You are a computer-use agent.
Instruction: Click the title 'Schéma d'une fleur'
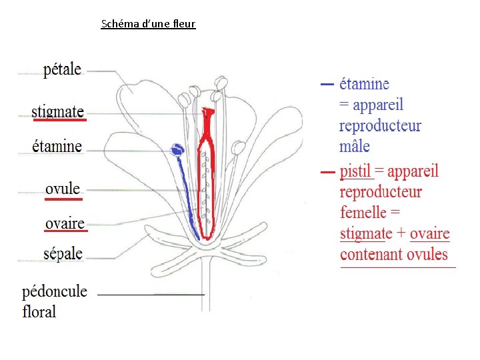point(148,24)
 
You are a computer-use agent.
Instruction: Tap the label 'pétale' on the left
point(62,69)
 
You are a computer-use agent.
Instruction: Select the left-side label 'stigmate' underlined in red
point(58,111)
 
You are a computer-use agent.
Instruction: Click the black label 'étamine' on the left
point(57,146)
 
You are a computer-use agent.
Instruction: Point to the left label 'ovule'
point(63,189)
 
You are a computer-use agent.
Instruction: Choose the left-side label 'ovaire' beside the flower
point(65,223)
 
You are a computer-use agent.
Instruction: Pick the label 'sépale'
point(63,253)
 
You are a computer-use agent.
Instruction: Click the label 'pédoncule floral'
point(55,301)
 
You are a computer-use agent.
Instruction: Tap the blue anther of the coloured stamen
point(177,149)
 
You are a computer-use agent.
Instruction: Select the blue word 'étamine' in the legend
point(364,85)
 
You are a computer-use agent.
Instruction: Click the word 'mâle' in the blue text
point(354,146)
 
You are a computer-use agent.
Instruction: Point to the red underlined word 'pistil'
point(355,171)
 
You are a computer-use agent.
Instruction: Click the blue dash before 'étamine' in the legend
point(327,85)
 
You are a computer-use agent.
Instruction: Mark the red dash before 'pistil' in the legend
point(327,173)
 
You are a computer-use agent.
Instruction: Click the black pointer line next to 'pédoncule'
point(151,294)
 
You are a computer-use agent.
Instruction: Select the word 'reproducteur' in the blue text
point(380,126)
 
